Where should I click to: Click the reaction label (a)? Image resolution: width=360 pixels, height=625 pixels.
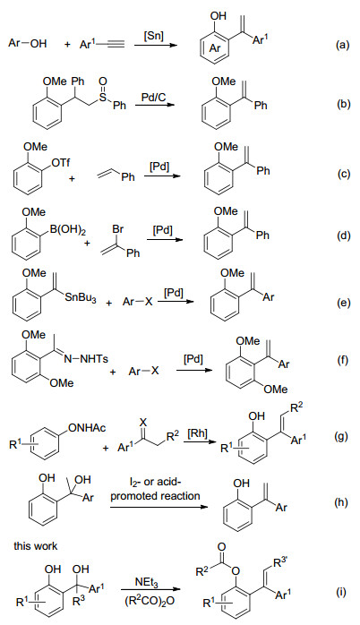click(342, 45)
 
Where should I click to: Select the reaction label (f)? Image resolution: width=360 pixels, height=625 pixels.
click(342, 360)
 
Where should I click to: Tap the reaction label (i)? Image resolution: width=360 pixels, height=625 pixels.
click(342, 593)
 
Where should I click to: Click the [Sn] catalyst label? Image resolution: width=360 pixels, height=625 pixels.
click(153, 36)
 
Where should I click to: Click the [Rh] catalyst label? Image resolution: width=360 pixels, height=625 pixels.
click(197, 433)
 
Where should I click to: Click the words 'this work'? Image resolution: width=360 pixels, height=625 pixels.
click(36, 545)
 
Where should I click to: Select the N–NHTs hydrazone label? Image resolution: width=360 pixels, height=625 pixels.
click(87, 358)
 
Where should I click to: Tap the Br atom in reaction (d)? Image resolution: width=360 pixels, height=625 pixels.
click(118, 229)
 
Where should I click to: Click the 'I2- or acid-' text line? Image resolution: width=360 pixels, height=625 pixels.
click(156, 483)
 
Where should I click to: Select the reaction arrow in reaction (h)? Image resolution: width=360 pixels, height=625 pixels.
click(159, 507)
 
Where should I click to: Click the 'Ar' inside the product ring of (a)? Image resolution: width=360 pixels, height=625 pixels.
click(215, 48)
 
